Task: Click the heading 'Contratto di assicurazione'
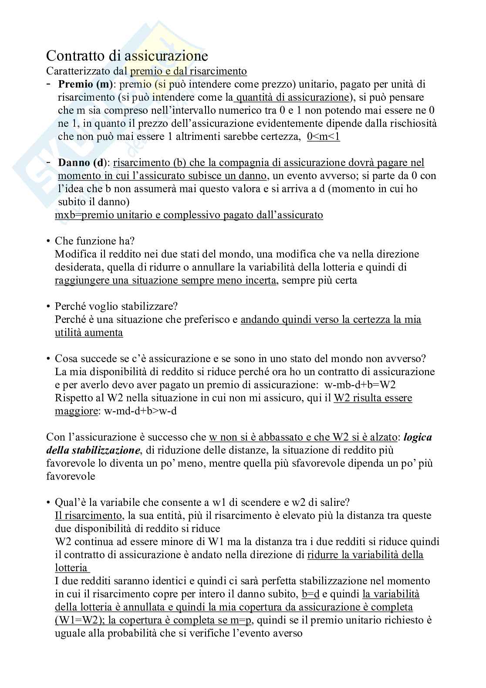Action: click(127, 56)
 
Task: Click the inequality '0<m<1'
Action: click(323, 136)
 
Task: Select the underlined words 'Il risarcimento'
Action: click(88, 515)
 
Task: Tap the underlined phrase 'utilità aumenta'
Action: click(89, 332)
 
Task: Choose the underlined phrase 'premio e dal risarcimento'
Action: click(188, 71)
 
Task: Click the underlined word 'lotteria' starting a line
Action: click(71, 568)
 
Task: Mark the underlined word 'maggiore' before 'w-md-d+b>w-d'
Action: click(76, 411)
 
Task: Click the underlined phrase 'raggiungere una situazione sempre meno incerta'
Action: click(165, 280)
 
